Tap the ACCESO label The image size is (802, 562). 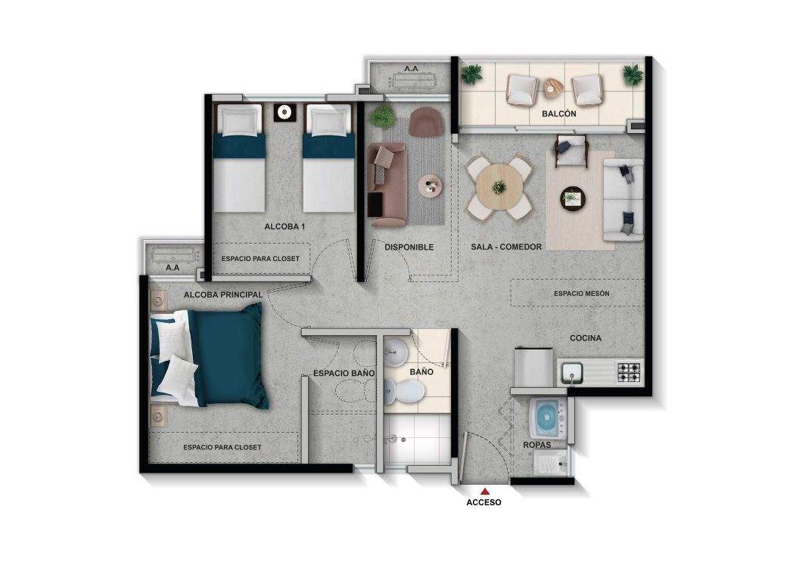click(x=484, y=501)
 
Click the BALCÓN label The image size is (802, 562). click(x=558, y=113)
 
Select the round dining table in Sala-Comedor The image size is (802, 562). click(x=499, y=187)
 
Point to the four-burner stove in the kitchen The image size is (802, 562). click(x=629, y=372)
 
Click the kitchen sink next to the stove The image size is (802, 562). click(x=573, y=372)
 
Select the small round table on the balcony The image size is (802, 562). click(x=554, y=86)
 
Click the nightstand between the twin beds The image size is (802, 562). click(x=284, y=113)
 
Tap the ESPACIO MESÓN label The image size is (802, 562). click(x=581, y=293)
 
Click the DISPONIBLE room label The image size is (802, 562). click(x=409, y=247)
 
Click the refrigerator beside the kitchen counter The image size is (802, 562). click(x=533, y=367)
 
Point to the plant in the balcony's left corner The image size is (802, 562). click(x=471, y=74)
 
